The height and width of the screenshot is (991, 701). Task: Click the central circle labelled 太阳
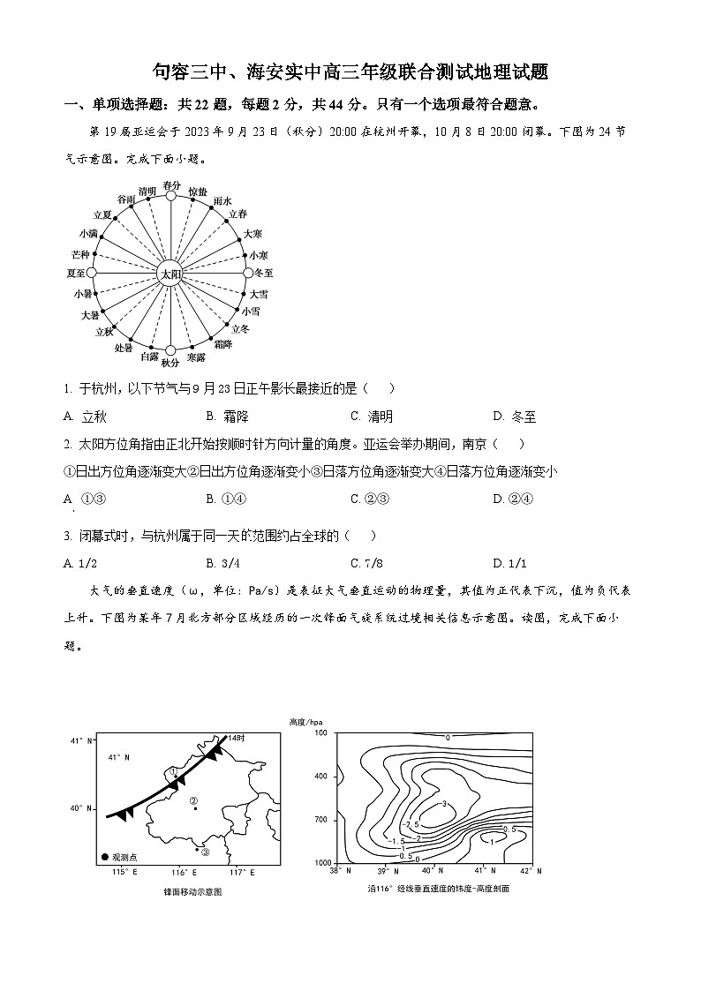click(x=170, y=274)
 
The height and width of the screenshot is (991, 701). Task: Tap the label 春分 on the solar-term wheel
click(x=171, y=185)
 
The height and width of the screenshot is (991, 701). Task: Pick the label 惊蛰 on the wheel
click(x=198, y=191)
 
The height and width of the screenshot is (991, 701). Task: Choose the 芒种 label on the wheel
click(x=80, y=254)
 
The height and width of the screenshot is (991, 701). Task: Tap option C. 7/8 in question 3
click(x=369, y=563)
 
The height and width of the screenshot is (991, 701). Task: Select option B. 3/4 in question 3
click(x=223, y=563)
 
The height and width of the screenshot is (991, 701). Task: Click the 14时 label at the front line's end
click(x=235, y=737)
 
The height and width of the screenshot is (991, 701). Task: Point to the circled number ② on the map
click(x=193, y=800)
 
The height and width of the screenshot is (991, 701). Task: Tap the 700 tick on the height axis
click(x=320, y=820)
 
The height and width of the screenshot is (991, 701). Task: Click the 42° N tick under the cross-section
click(x=531, y=871)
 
